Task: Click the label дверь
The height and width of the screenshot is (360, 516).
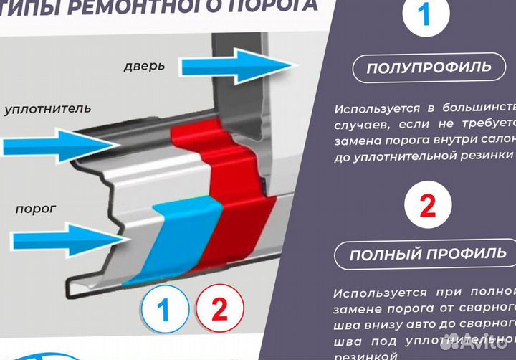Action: (143, 66)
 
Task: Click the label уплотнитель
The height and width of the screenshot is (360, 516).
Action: (47, 109)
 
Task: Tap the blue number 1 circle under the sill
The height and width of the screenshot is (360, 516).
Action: (164, 311)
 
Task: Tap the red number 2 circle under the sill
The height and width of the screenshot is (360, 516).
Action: (219, 310)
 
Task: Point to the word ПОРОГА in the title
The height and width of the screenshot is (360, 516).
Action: (272, 5)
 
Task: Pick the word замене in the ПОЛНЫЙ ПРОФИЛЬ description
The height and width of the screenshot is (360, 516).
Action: (356, 308)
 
